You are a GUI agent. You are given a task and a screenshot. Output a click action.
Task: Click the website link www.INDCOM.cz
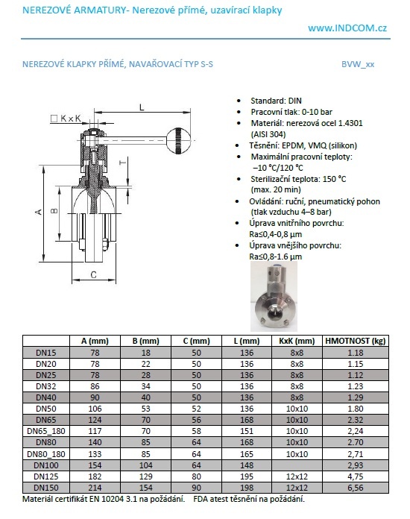click(347, 28)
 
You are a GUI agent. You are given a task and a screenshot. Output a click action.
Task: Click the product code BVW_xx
click(358, 64)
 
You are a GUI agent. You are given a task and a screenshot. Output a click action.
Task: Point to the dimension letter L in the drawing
click(142, 107)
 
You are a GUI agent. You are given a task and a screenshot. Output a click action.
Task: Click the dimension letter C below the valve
click(94, 274)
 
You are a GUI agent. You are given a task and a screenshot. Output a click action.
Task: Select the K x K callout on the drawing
click(66, 118)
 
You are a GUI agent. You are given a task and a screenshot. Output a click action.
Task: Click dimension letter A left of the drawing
click(39, 212)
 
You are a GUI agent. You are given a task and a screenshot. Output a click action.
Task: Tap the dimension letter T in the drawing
click(123, 163)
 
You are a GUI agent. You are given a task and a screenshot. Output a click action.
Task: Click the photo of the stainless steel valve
click(274, 296)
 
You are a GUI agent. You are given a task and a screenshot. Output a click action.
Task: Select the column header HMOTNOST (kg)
click(356, 341)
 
